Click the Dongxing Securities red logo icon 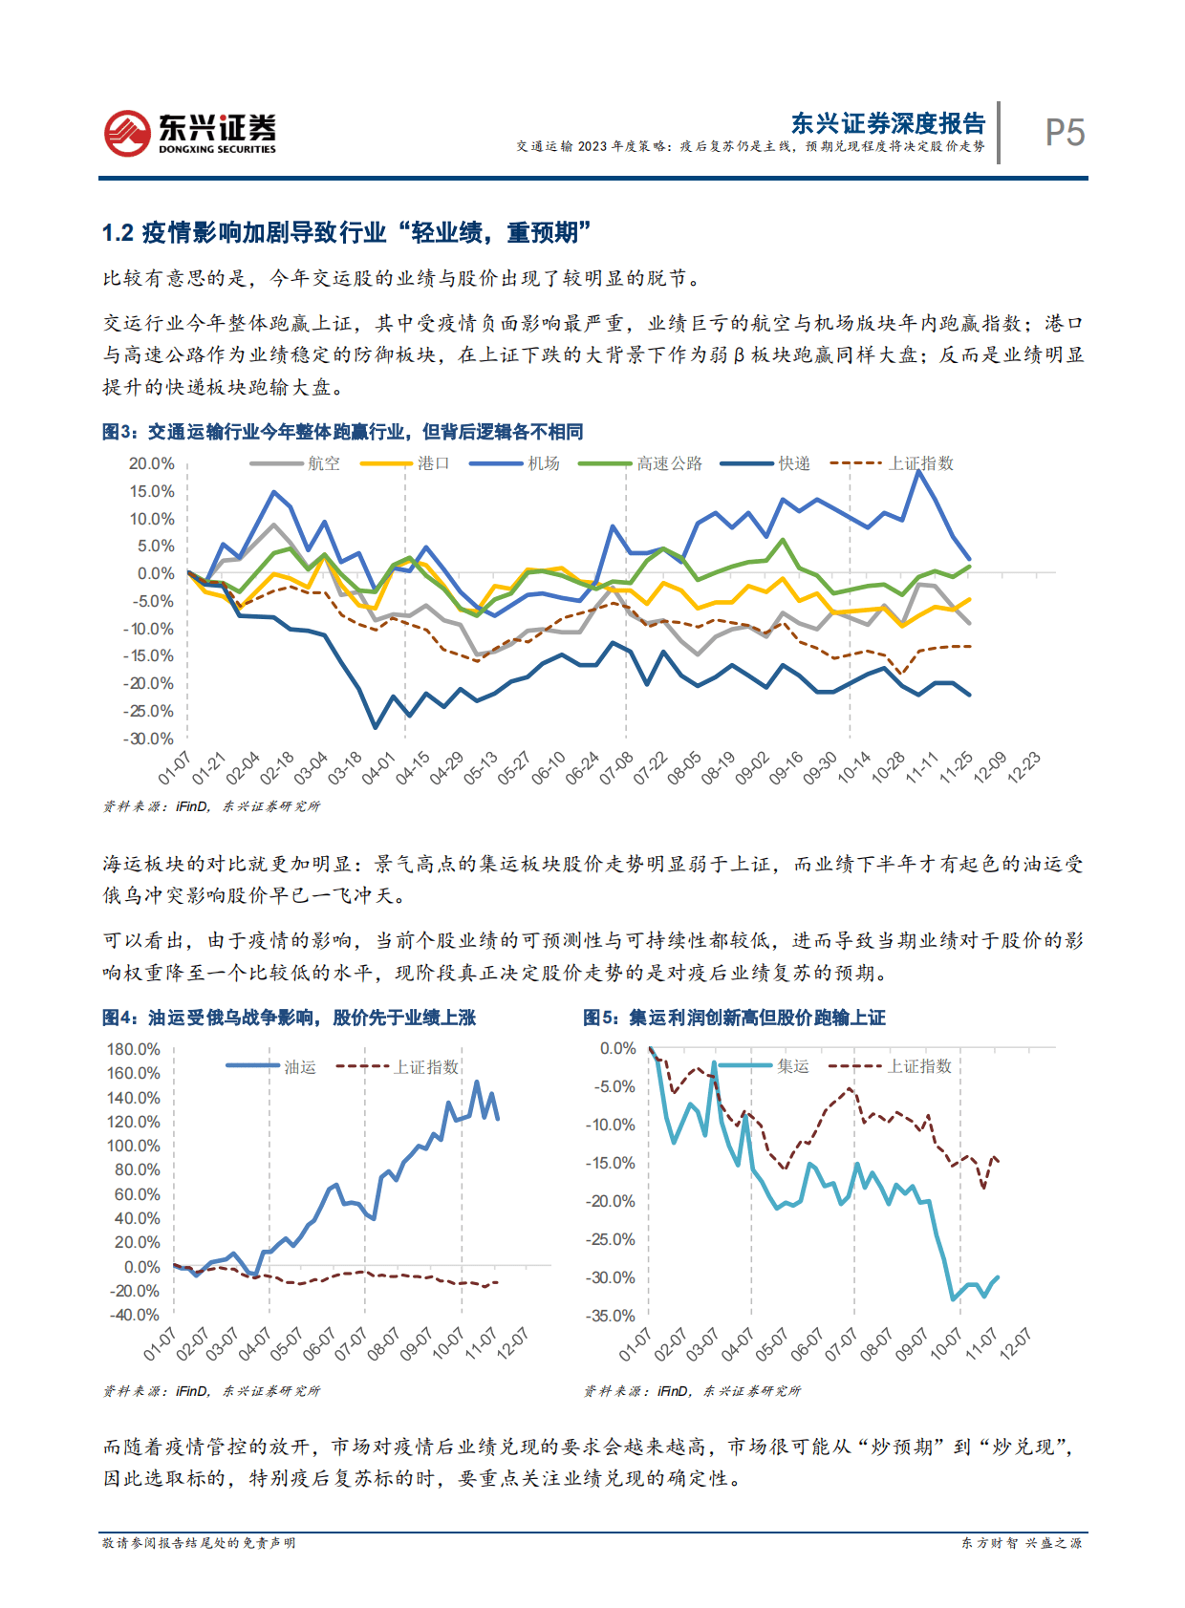(x=127, y=133)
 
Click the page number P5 (x=1065, y=133)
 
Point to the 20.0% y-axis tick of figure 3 (x=152, y=463)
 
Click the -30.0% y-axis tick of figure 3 (x=149, y=739)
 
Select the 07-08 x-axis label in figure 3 (x=616, y=768)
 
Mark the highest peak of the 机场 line (x=919, y=471)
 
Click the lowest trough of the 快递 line (x=376, y=727)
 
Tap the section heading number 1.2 (x=118, y=233)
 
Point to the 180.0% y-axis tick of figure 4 (x=134, y=1049)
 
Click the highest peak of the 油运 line (x=477, y=1082)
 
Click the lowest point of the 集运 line (x=953, y=1298)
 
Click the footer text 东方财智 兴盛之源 (x=1021, y=1543)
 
